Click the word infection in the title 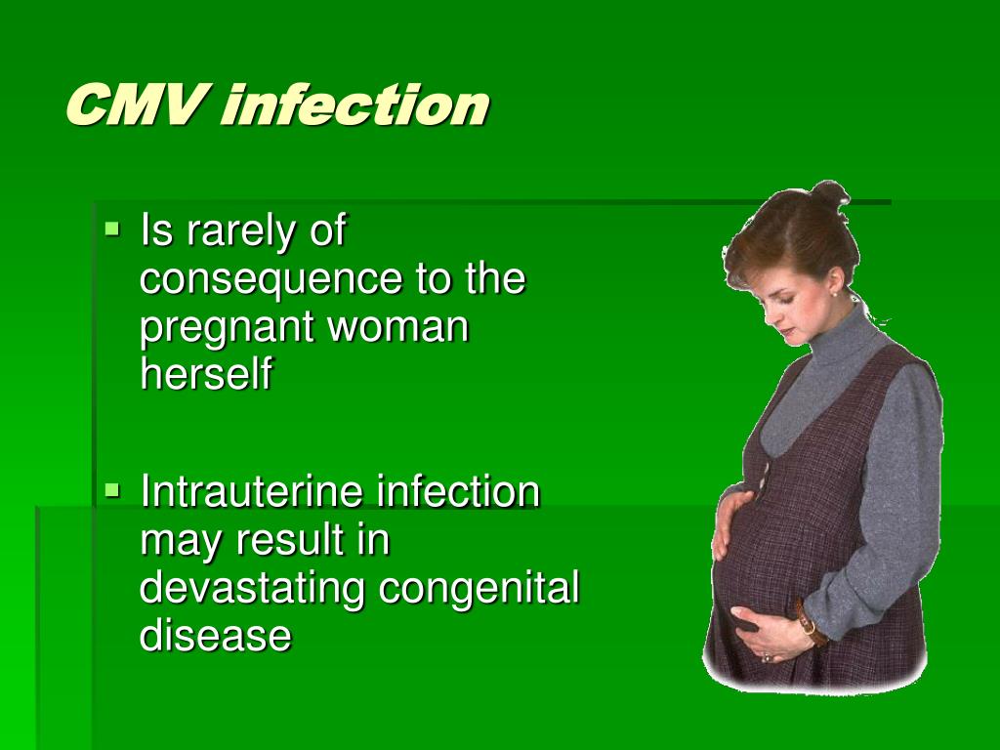pyautogui.click(x=355, y=104)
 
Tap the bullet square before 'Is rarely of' pyautogui.click(x=112, y=227)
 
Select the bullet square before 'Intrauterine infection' pyautogui.click(x=112, y=490)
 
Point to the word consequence pyautogui.click(x=271, y=278)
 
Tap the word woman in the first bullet pyautogui.click(x=398, y=326)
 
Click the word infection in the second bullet pyautogui.click(x=458, y=491)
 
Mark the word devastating pyautogui.click(x=252, y=589)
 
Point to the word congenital pyautogui.click(x=479, y=589)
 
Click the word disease pyautogui.click(x=216, y=635)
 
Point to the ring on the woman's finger pyautogui.click(x=766, y=657)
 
